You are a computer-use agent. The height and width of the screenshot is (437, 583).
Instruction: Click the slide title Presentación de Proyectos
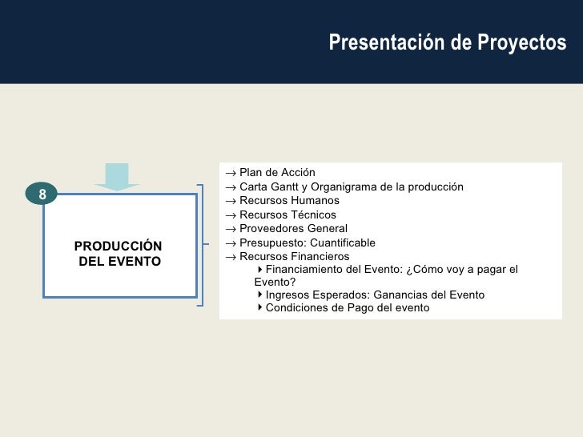447,43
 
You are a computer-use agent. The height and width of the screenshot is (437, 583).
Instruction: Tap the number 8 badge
42,194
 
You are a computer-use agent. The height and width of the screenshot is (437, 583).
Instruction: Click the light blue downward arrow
117,177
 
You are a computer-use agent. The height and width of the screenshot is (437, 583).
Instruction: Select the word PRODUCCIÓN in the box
118,246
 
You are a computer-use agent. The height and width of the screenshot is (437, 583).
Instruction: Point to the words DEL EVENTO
120,262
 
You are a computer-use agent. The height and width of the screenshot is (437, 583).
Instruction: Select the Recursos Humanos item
289,200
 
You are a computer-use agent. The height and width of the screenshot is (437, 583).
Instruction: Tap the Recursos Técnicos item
287,214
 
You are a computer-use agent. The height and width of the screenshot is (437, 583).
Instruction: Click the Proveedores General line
293,228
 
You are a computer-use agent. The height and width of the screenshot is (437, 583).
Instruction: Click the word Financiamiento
308,269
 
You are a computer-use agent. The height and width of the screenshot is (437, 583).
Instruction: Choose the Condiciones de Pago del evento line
347,307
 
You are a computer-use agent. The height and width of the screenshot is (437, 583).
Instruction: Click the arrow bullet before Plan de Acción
230,174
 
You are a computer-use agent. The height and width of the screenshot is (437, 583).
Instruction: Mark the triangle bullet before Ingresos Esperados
260,295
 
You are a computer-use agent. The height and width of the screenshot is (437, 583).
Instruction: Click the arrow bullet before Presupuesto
230,243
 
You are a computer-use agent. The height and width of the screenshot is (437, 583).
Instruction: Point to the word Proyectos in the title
529,43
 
